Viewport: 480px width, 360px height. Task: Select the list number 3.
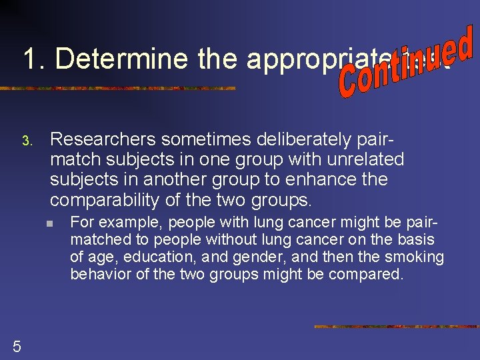(26, 141)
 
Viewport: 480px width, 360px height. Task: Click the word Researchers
(103, 139)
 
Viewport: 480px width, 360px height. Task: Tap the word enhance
(324, 179)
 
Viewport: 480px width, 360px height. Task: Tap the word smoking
(414, 257)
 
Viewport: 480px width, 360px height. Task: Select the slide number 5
(17, 345)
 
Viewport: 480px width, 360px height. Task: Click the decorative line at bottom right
(396, 327)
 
